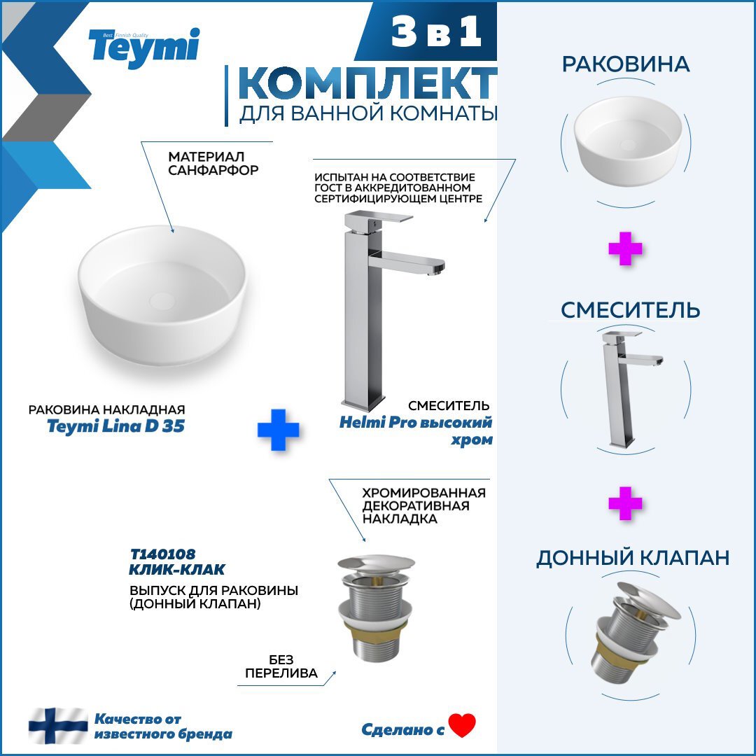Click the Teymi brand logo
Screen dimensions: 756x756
pos(143,48)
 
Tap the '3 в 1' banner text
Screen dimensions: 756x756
pos(436,31)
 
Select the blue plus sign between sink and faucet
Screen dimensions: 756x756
pos(278,430)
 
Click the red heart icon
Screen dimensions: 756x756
pos(462,725)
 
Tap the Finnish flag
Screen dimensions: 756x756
pos(58,726)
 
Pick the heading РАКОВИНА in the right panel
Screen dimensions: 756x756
pos(625,64)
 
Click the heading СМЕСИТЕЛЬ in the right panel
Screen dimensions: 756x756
pos(630,310)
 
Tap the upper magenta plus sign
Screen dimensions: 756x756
pos(625,248)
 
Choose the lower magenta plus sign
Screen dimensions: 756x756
pos(625,503)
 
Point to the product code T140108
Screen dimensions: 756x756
pos(163,554)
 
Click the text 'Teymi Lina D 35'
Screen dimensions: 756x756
pos(115,426)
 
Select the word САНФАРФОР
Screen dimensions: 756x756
pos(213,169)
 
